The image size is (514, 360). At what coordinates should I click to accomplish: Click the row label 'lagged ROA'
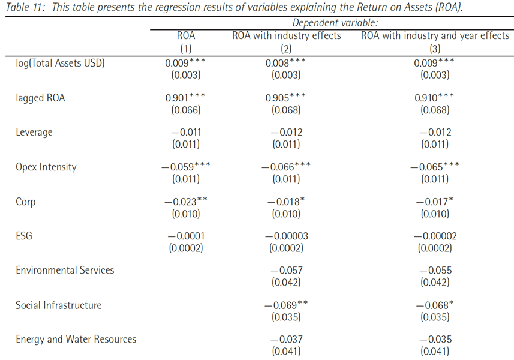[x=40, y=98]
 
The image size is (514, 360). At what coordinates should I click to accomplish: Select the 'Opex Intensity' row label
[x=46, y=167]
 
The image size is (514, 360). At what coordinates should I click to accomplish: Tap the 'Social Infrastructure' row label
[x=59, y=305]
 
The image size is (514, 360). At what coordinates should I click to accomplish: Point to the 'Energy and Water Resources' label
[x=76, y=340]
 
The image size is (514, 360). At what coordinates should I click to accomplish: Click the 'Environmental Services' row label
[x=65, y=270]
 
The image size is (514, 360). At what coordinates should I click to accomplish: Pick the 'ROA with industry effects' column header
[x=287, y=35]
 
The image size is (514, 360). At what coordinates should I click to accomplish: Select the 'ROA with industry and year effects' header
[x=435, y=35]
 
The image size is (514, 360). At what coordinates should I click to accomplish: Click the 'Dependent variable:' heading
[x=335, y=23]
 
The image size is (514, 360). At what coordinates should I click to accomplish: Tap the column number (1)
[x=186, y=49]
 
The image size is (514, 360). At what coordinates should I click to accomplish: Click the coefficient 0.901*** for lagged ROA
[x=185, y=98]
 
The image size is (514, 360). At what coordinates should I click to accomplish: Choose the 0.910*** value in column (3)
[x=434, y=98]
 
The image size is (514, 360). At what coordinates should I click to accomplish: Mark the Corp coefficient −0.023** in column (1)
[x=185, y=202]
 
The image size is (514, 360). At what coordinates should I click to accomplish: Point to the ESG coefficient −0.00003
[x=287, y=236]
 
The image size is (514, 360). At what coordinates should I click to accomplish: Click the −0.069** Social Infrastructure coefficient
[x=286, y=305]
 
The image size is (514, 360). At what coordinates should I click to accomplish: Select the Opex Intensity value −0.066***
[x=286, y=167]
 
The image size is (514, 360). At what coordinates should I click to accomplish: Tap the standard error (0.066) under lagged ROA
[x=186, y=110]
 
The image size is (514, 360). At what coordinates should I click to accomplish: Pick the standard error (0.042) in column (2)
[x=286, y=282]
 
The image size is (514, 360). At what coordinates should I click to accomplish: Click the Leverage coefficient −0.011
[x=186, y=132]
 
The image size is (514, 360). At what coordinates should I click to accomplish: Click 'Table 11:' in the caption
[x=25, y=7]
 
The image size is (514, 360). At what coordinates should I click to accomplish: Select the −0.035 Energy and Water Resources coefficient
[x=435, y=339]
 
